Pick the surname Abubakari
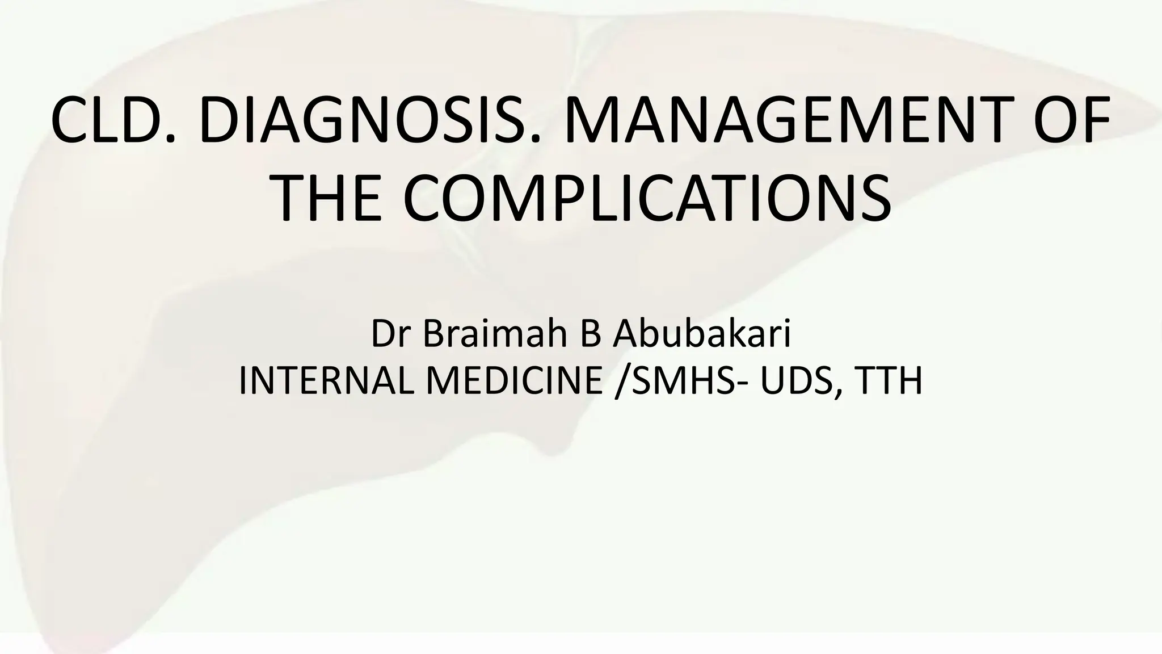[700, 334]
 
